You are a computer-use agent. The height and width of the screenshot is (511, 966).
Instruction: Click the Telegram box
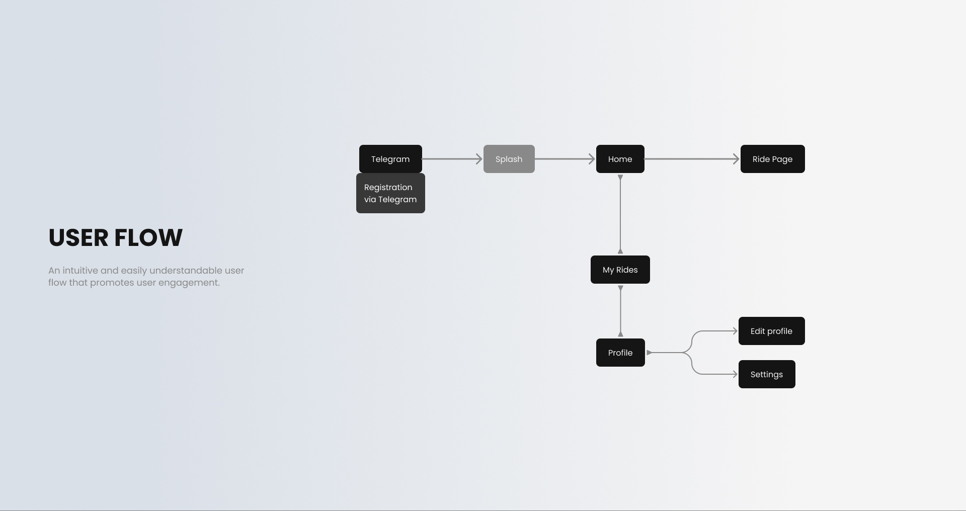coord(390,159)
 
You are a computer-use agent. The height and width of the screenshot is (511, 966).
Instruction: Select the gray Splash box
coord(509,159)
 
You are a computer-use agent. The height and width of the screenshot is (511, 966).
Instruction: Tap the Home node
coord(620,159)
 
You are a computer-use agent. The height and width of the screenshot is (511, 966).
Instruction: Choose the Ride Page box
coord(772,159)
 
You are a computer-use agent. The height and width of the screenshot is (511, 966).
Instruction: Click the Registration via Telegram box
coord(390,193)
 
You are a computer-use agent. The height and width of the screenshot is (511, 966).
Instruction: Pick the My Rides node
coord(620,270)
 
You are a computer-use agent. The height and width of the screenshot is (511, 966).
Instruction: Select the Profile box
coord(620,353)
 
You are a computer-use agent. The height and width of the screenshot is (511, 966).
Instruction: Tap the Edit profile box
coord(771,331)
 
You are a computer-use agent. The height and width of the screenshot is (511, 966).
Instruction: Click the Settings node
coord(767,374)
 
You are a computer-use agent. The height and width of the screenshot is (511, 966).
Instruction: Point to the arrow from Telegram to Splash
coord(452,159)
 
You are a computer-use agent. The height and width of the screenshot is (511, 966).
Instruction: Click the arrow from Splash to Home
coord(565,159)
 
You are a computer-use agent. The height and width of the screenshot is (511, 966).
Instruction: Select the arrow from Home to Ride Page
coord(692,159)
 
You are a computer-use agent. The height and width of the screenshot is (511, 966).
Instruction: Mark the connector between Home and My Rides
coord(620,214)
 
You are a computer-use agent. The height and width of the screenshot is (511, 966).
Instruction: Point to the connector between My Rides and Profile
coord(620,311)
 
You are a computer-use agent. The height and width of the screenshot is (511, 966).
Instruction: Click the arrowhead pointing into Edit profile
coord(735,331)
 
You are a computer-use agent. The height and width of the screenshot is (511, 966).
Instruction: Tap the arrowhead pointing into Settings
coord(735,374)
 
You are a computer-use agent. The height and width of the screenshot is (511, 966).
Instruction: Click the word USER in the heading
coord(78,238)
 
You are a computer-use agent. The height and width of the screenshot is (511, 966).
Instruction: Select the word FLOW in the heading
coord(148,238)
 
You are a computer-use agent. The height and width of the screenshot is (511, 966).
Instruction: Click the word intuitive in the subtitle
coord(80,271)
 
